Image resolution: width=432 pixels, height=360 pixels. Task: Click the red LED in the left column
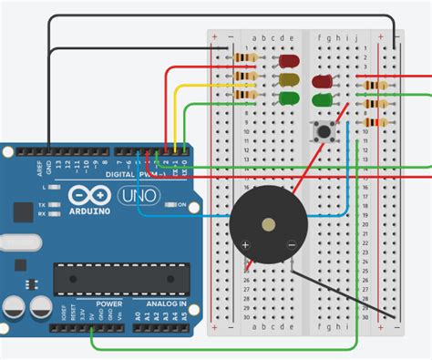[289, 62]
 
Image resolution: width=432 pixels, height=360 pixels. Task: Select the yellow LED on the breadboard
[289, 79]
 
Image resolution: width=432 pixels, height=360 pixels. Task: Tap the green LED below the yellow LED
[289, 96]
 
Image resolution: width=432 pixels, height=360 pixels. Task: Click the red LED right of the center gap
[322, 80]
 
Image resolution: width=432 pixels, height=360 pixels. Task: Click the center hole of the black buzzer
[267, 222]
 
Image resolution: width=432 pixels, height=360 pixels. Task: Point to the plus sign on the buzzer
[245, 244]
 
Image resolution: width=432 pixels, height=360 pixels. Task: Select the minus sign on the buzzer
[291, 243]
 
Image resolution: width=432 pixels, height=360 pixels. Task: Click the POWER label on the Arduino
[109, 303]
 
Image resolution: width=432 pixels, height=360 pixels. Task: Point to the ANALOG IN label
[166, 303]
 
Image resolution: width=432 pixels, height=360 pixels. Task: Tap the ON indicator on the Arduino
[180, 204]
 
